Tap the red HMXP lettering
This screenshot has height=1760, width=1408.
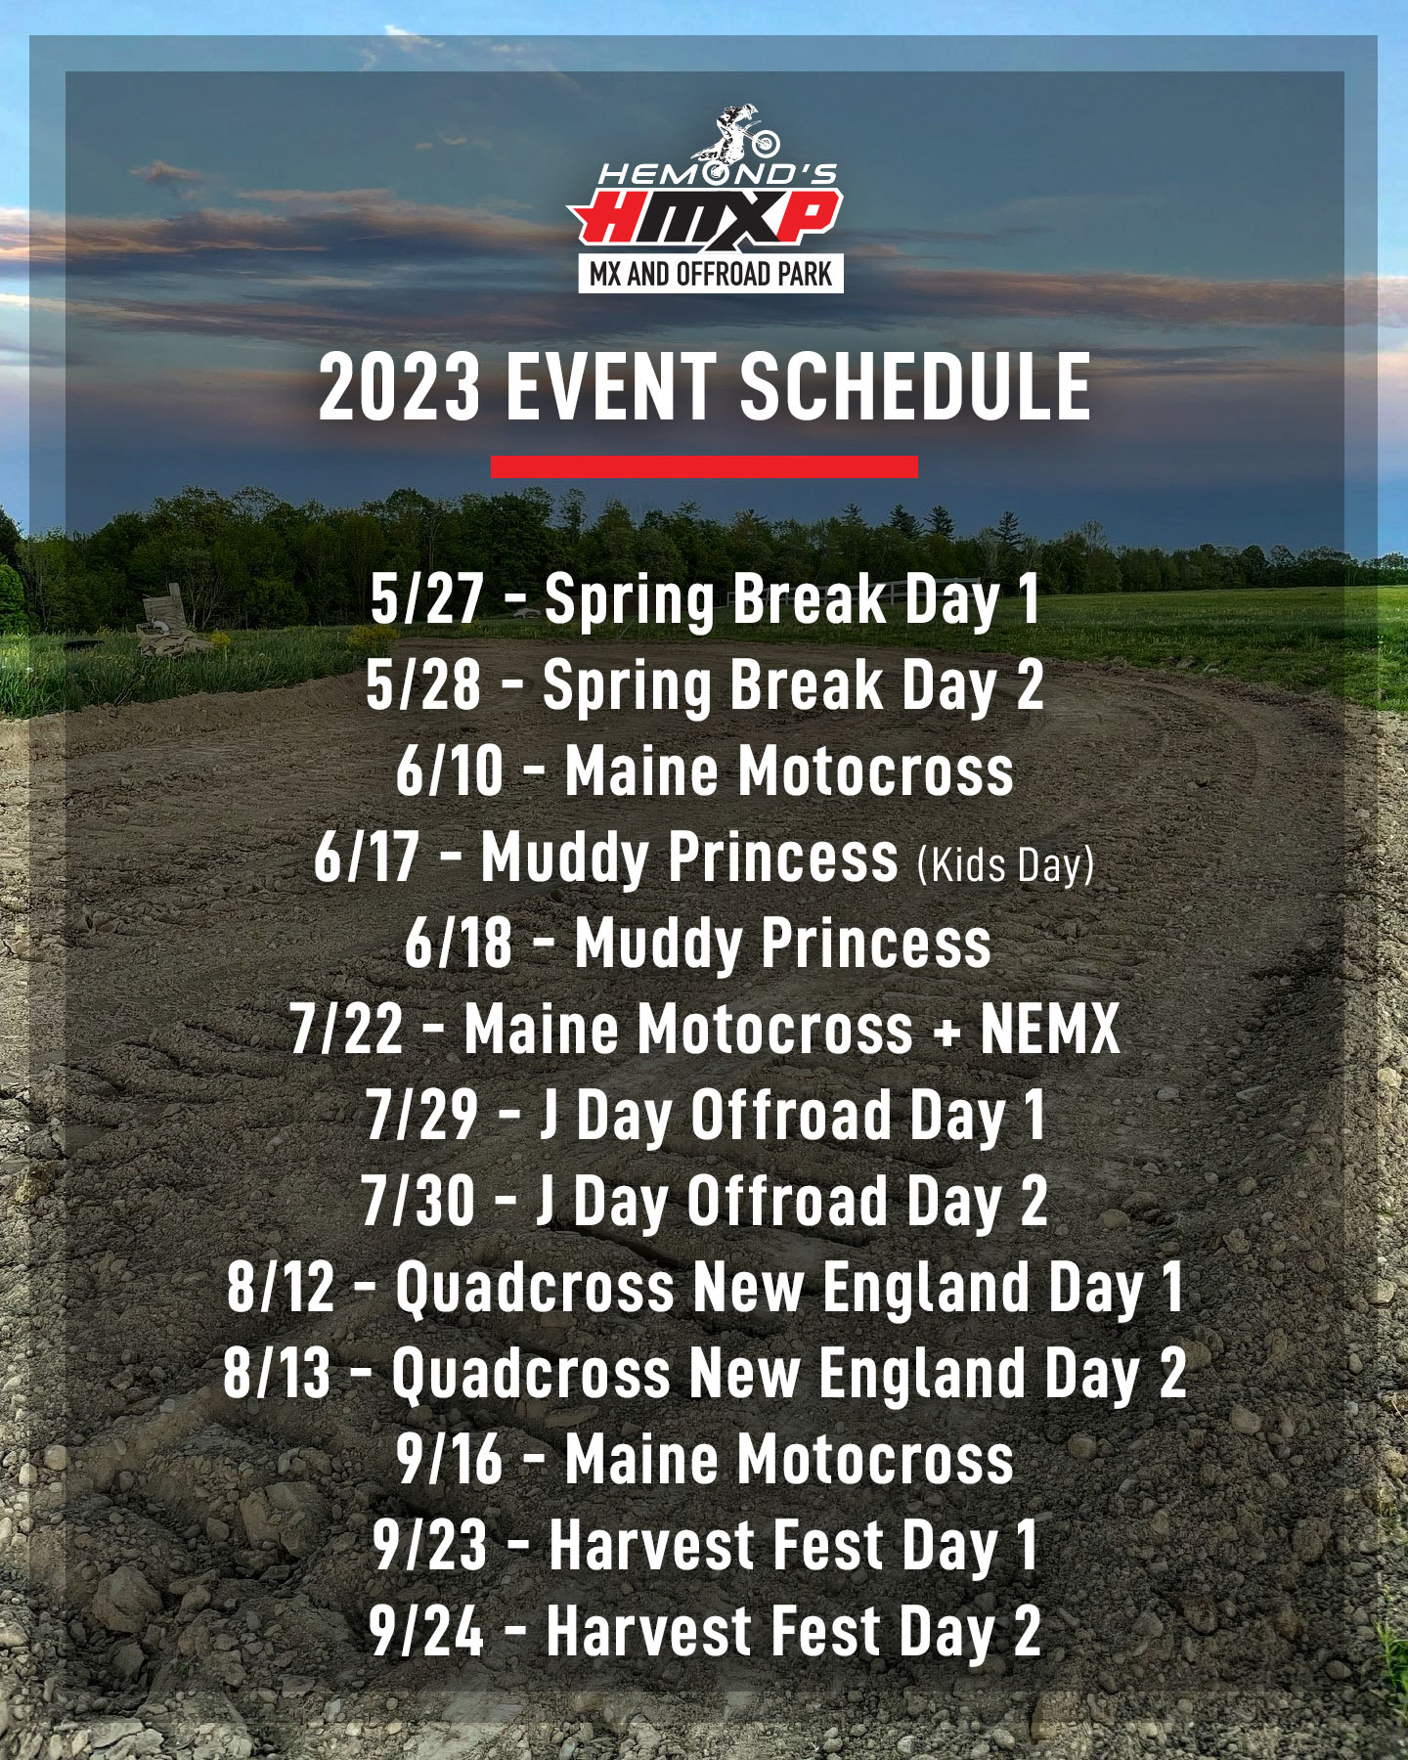[x=705, y=216]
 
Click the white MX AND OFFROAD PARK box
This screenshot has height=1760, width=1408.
[x=711, y=274]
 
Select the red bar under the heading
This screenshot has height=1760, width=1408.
[x=704, y=466]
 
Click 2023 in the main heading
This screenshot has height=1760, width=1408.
[x=401, y=388]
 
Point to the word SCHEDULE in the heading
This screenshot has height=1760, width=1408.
[x=915, y=388]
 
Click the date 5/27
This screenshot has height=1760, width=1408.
[x=427, y=598]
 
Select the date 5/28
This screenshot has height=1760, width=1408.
[x=423, y=684]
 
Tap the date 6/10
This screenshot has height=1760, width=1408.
[x=450, y=770]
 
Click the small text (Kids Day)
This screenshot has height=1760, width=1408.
[x=1005, y=865]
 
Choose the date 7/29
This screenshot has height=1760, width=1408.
[x=422, y=1115]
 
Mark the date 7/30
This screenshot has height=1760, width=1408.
[x=418, y=1201]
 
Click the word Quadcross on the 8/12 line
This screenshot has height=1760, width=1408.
[x=536, y=1289]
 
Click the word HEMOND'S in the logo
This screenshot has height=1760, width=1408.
[x=717, y=175]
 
